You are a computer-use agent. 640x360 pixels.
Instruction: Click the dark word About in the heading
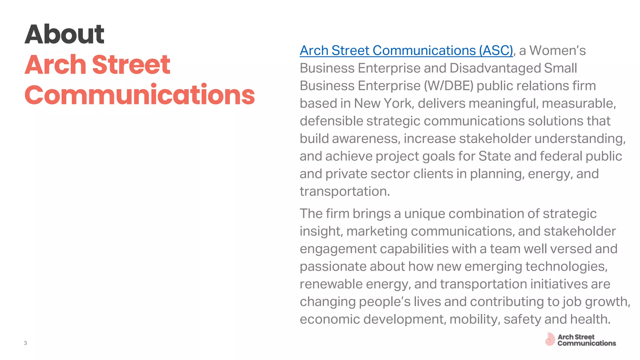[x=64, y=34]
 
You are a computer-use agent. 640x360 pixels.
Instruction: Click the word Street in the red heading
[x=131, y=65]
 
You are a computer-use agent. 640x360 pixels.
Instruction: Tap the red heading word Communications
[x=140, y=95]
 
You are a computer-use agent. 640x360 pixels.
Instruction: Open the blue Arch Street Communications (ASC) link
[x=406, y=51]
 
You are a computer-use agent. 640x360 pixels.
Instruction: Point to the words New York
[x=383, y=103]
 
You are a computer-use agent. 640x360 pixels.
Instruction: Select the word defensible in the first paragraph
[x=331, y=121]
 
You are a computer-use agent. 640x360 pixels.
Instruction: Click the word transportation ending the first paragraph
[x=345, y=192]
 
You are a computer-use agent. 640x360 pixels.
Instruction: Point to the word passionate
[x=333, y=267]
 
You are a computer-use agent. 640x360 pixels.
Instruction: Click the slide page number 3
[x=25, y=343]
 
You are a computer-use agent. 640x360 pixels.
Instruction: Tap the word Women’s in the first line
[x=557, y=51]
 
